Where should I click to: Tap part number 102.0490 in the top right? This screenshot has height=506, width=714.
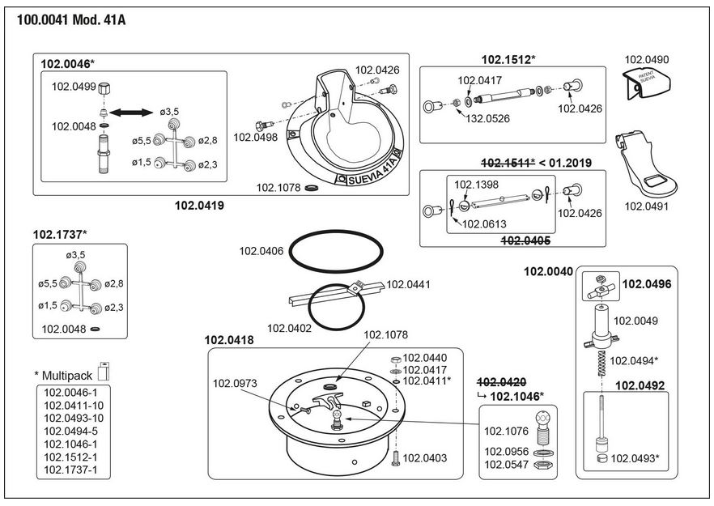(648, 60)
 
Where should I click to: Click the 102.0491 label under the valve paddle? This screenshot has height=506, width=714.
(647, 206)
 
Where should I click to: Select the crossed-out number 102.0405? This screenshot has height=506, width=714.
(526, 240)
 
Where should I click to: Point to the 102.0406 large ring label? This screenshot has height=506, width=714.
(261, 251)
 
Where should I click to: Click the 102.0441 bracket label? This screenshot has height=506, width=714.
(408, 284)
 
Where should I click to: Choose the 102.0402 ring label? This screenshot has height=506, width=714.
(289, 328)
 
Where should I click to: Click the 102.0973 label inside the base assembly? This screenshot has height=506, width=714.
(234, 383)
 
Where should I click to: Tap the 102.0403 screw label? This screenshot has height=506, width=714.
(424, 457)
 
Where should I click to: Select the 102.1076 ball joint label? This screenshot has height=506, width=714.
(507, 431)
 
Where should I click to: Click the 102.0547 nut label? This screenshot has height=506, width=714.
(507, 465)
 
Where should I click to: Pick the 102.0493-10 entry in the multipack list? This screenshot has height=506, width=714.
(73, 418)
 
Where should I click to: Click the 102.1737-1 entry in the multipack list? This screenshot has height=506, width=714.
(73, 470)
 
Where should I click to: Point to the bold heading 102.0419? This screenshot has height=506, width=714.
(199, 206)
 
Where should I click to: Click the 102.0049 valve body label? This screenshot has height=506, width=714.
(635, 320)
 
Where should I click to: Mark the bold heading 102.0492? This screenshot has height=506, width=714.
(641, 385)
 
